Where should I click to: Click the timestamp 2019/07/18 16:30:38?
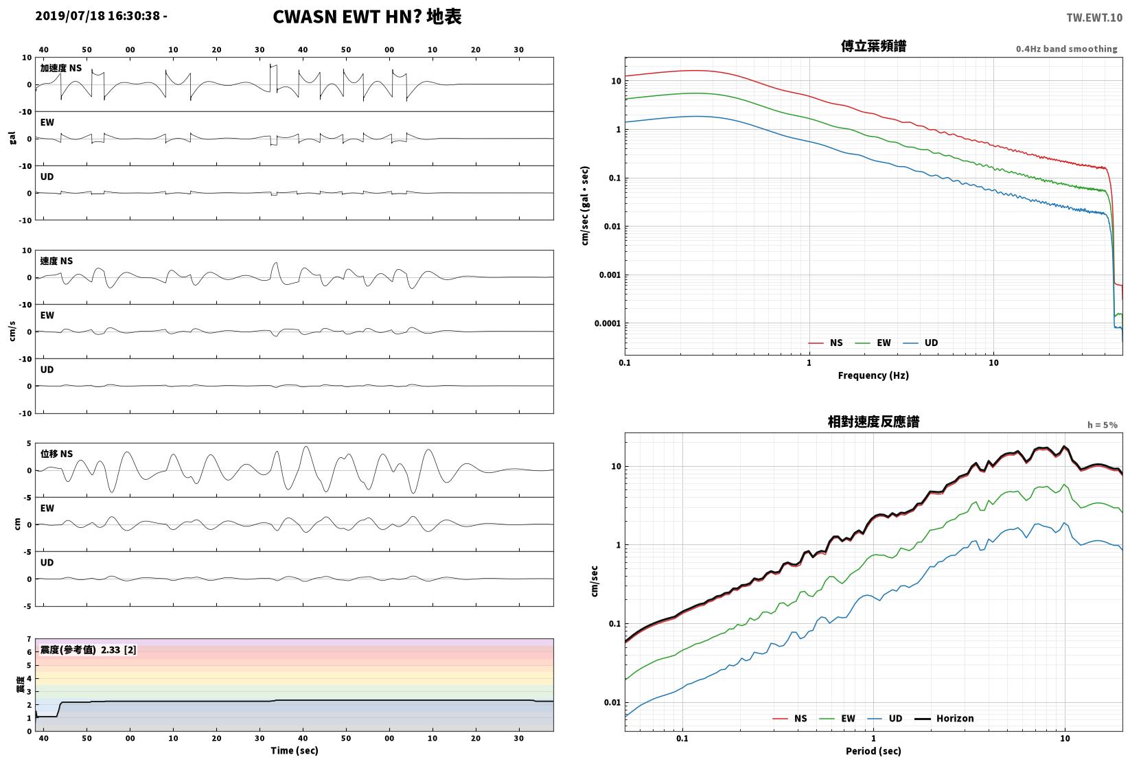97,16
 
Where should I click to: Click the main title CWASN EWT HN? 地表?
367,16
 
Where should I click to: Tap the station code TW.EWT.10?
1094,18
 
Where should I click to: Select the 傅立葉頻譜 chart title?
873,46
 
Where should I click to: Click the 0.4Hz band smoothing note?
1066,49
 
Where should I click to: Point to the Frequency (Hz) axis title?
873,375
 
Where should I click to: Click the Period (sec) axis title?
873,751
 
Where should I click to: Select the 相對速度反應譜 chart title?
873,421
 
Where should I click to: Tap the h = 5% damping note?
1103,425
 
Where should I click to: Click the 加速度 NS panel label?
60,68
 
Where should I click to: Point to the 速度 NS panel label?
56,261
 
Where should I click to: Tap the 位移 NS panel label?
56,454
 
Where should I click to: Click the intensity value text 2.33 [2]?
119,650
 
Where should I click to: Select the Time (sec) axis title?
295,750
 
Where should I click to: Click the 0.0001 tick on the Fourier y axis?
608,323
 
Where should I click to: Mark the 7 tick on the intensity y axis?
30,639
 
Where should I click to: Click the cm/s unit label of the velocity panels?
12,332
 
